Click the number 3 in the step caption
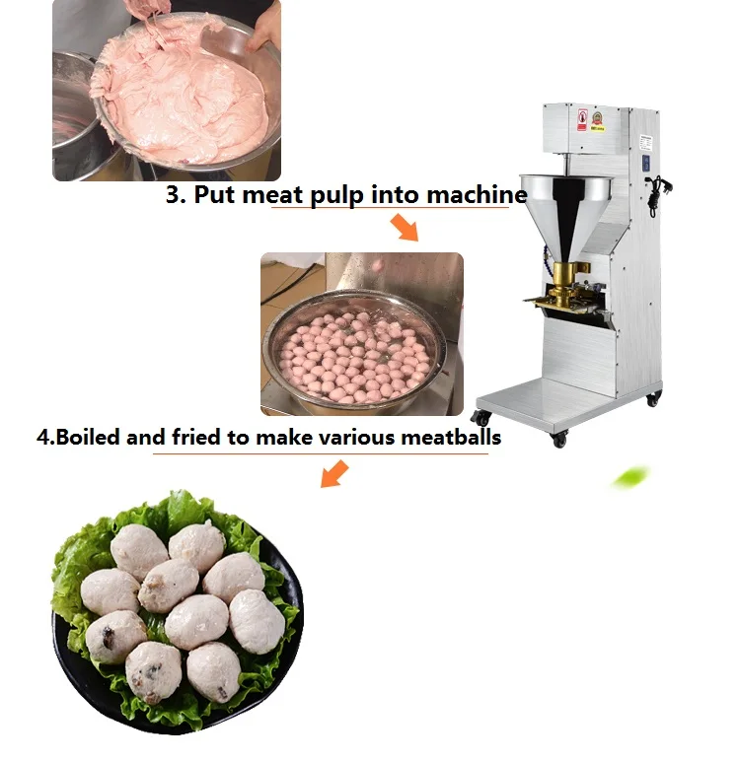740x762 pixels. coord(175,194)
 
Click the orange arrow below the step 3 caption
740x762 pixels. coord(404,228)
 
